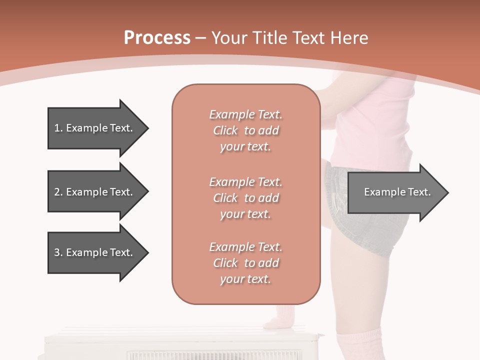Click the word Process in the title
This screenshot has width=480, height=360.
(157, 38)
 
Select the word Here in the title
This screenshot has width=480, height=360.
(349, 38)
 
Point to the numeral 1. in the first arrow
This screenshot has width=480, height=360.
(58, 128)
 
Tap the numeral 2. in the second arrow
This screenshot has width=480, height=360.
(58, 192)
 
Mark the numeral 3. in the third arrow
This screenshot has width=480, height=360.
(58, 252)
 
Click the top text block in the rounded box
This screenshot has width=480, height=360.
(245, 130)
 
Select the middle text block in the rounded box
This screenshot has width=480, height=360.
(245, 198)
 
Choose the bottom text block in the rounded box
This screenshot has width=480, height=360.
(245, 263)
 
